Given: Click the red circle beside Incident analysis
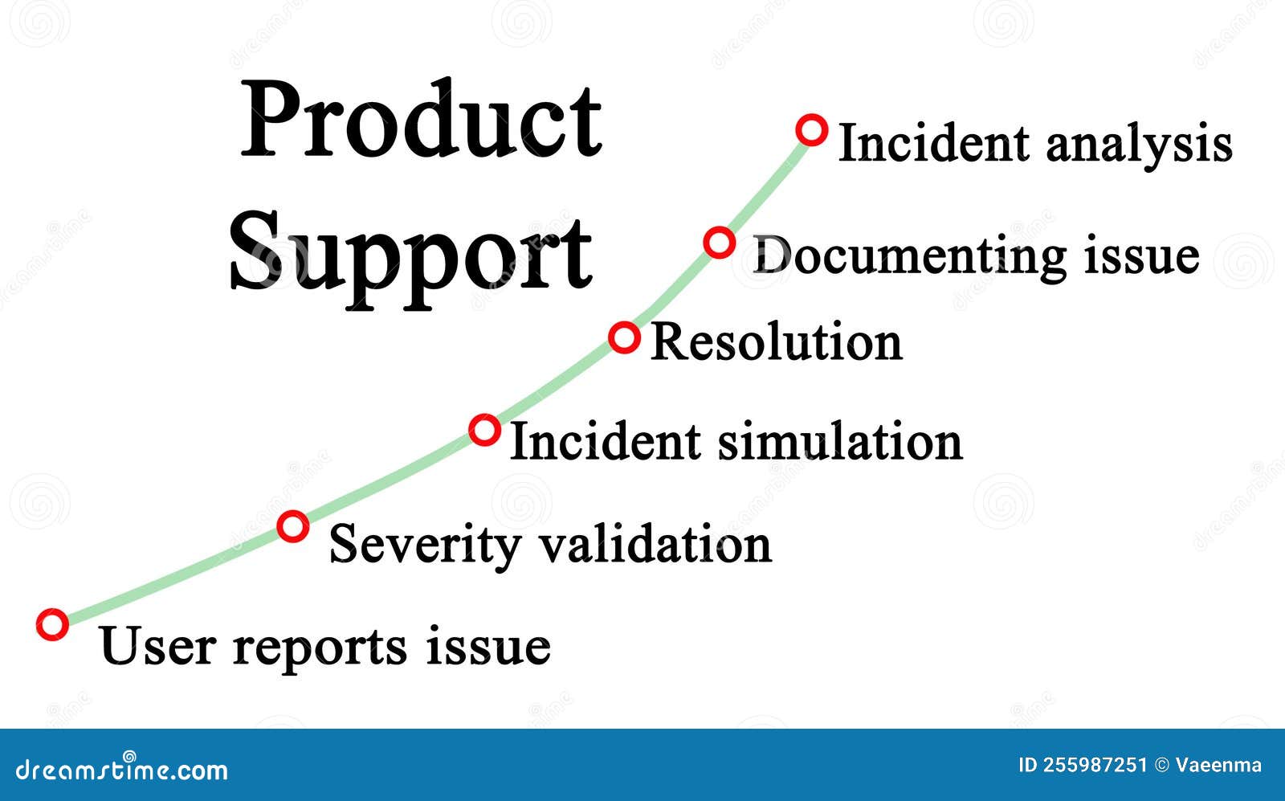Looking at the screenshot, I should click(x=811, y=129).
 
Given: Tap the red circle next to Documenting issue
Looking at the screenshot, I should click(x=719, y=242).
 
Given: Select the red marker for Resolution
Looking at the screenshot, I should click(x=624, y=337).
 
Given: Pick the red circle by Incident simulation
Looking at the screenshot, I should click(x=484, y=430).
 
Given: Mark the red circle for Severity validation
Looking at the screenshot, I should click(x=292, y=527).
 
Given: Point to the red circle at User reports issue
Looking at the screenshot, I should click(x=52, y=624).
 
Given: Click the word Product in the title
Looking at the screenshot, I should click(x=422, y=121).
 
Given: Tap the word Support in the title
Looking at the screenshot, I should click(x=411, y=253).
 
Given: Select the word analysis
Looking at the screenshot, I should click(x=1139, y=145).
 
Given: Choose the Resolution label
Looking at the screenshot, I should click(x=776, y=341).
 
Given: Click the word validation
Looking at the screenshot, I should click(x=655, y=544).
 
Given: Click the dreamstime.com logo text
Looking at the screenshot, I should click(x=121, y=769).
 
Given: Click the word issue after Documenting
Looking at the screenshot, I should click(x=1141, y=255).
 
